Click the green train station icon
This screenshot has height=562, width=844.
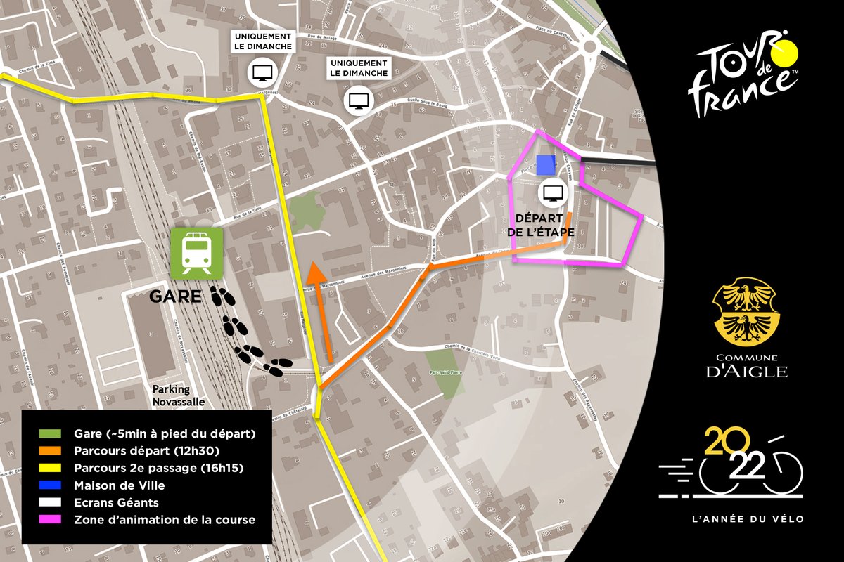[x=196, y=253]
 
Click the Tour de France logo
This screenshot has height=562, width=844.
[x=743, y=72]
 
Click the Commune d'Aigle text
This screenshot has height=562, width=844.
[x=746, y=366]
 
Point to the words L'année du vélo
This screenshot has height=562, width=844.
[x=746, y=519]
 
